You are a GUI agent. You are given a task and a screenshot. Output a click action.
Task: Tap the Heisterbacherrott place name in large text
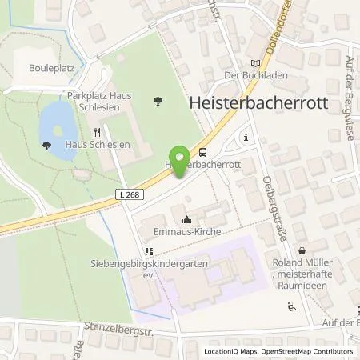tap(273, 102)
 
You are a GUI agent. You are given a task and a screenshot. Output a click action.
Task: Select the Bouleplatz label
tap(50, 68)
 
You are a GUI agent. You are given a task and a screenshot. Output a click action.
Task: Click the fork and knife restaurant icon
tap(98, 133)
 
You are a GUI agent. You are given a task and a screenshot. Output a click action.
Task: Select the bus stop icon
tap(203, 152)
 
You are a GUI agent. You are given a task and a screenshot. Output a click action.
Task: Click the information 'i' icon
tap(245, 137)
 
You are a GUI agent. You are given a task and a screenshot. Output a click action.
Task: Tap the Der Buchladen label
tap(254, 77)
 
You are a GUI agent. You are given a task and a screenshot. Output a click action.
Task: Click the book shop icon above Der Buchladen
tap(255, 62)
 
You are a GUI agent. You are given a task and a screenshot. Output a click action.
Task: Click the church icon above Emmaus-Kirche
tap(186, 218)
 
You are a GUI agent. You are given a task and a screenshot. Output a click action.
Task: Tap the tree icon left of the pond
tap(46, 146)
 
